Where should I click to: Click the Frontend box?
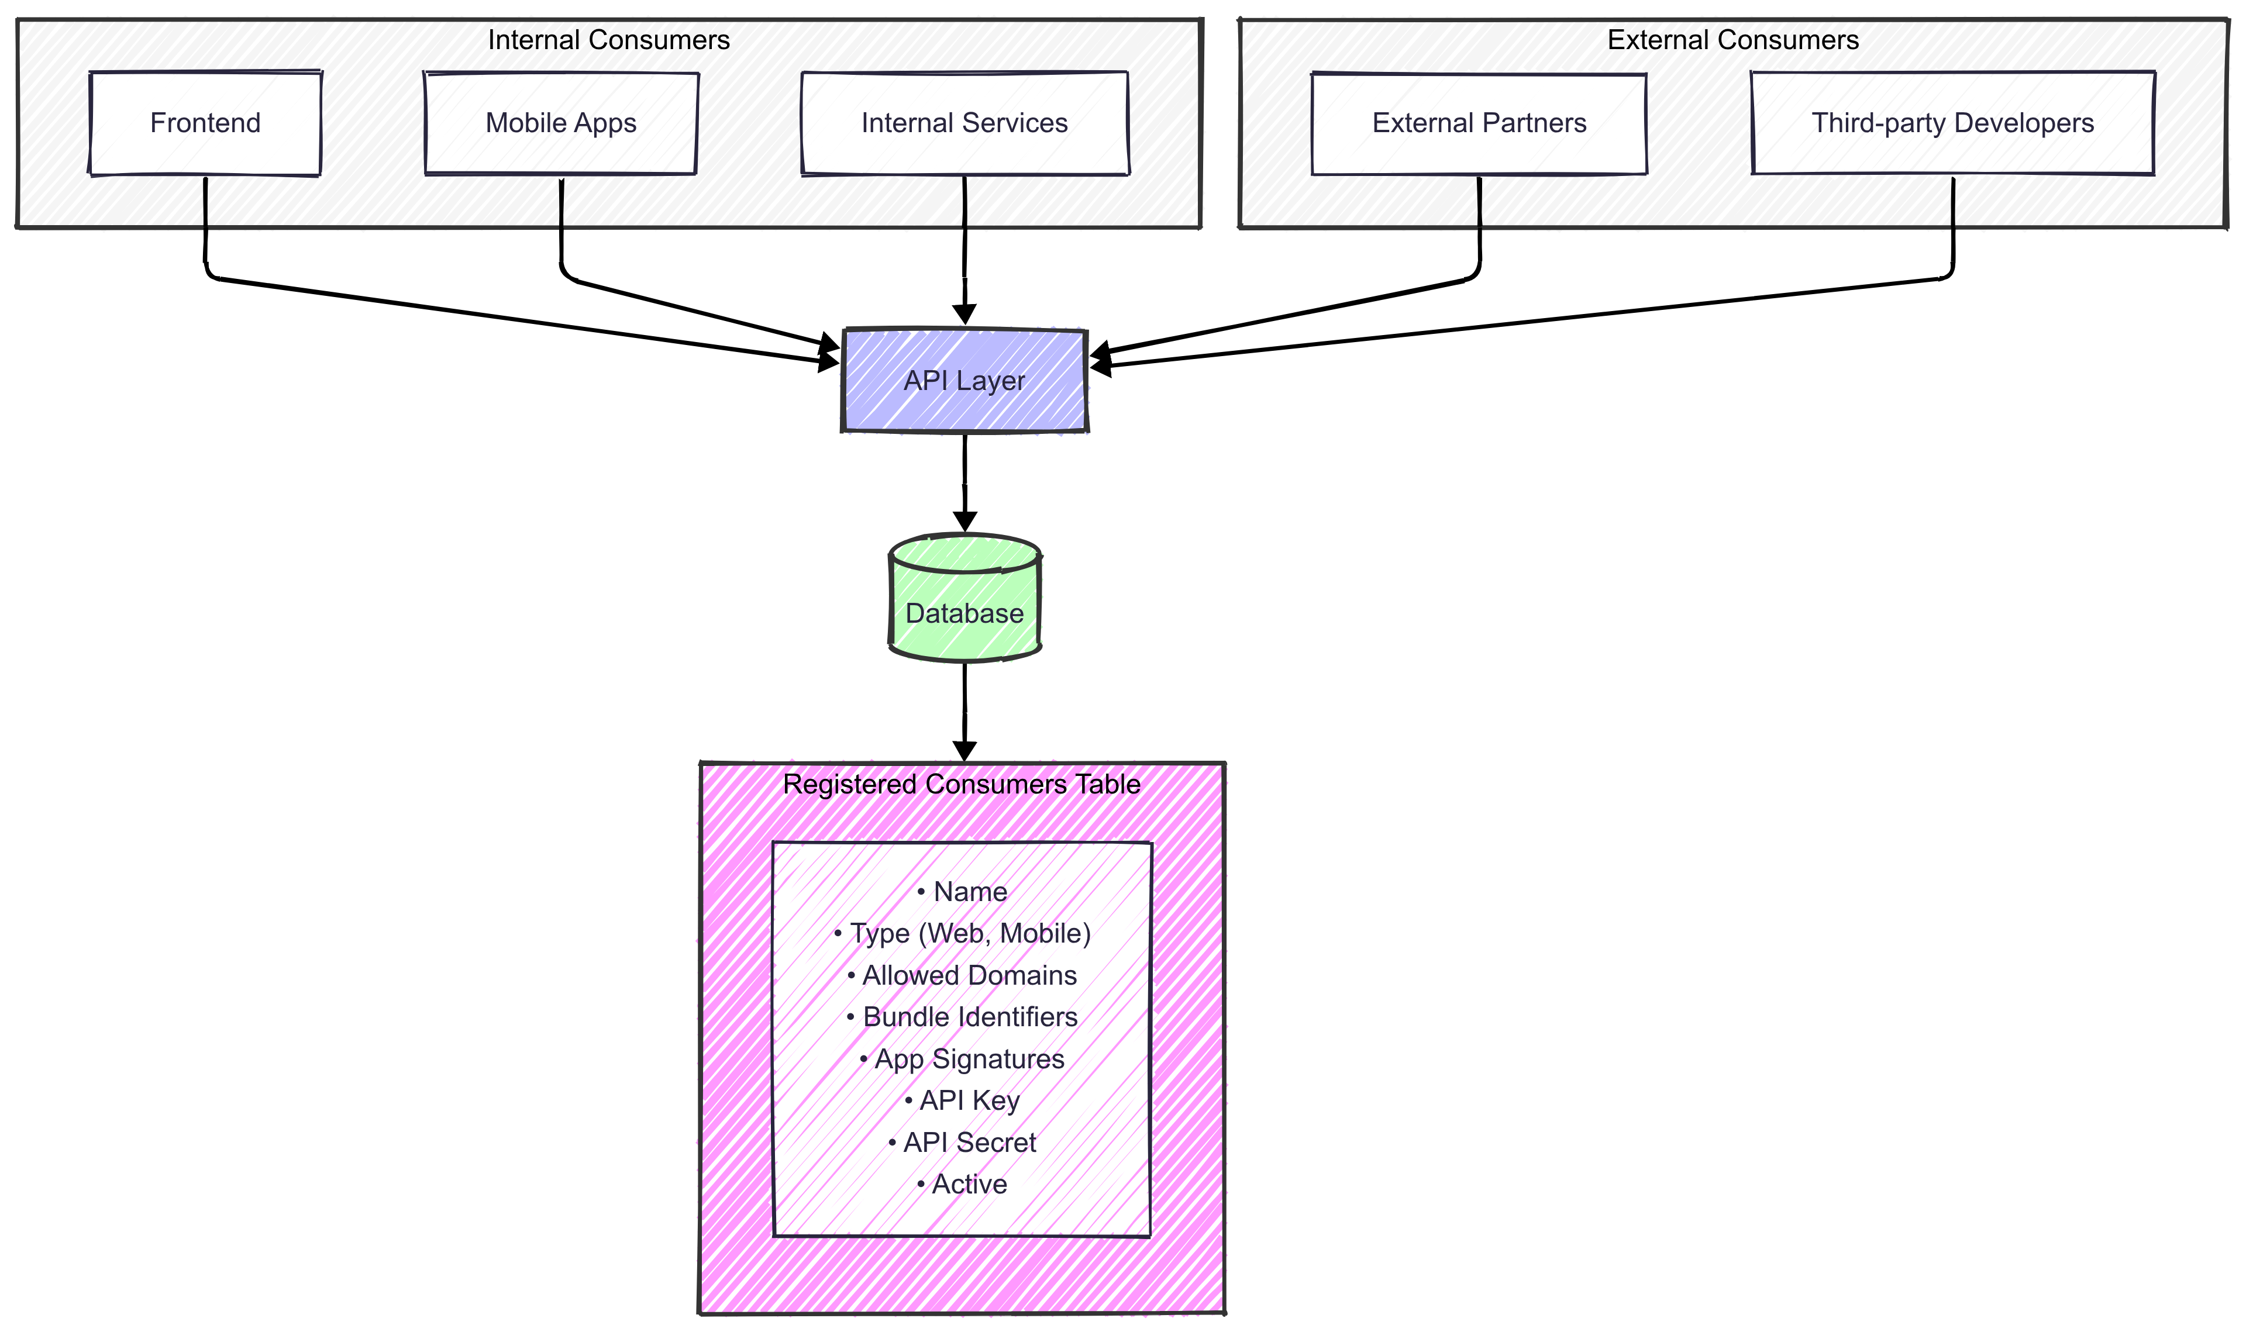205,123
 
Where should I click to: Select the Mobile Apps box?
561,123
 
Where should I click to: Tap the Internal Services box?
964,123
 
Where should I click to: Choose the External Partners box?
1479,123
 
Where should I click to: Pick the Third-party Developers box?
1952,123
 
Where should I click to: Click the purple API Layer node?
964,380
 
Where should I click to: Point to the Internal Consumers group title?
608,40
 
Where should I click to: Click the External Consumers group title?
1732,40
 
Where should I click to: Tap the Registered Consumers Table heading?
962,784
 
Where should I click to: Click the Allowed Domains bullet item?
963,975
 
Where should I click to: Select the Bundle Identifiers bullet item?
963,1017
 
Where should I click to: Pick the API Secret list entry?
963,1142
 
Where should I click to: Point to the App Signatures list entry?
963,1059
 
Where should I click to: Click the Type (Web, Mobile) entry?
963,933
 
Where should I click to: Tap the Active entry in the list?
963,1184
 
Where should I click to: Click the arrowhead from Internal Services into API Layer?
964,314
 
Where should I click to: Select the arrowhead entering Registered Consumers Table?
964,750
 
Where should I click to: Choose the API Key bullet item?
963,1100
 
